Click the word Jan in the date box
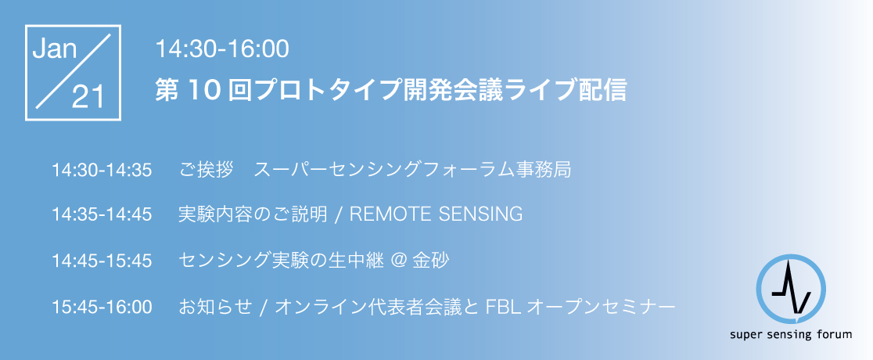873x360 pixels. pos(55,49)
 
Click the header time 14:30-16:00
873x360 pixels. pos(222,49)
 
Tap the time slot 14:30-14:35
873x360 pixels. pos(102,170)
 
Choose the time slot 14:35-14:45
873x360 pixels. pos(102,214)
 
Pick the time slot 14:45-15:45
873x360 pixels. pos(102,261)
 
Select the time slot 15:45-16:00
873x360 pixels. pos(102,307)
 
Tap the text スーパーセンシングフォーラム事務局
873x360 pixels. pos(412,170)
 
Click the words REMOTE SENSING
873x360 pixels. pos(436,214)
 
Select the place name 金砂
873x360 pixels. pos(430,261)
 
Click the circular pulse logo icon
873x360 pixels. pos(791,290)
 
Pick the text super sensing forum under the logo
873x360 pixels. pos(791,335)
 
